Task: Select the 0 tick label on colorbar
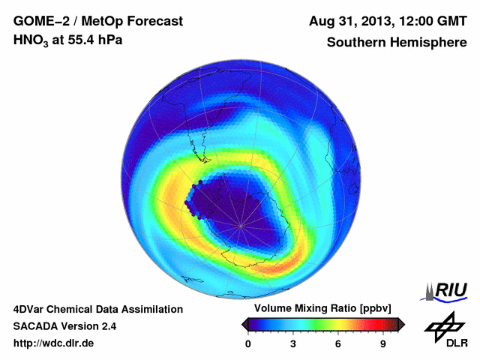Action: click(248, 343)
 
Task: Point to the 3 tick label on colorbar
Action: click(293, 343)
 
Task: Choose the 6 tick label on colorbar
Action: click(338, 343)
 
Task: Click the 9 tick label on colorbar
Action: click(382, 343)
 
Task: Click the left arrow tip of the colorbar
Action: click(243, 324)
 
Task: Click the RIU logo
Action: click(447, 291)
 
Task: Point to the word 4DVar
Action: click(31, 309)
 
